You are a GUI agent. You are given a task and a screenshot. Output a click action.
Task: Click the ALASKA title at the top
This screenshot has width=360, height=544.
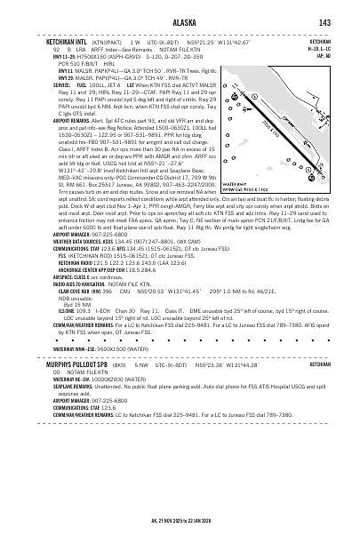point(180,22)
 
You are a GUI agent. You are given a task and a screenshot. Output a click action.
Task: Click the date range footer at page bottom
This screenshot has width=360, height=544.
point(180,527)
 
